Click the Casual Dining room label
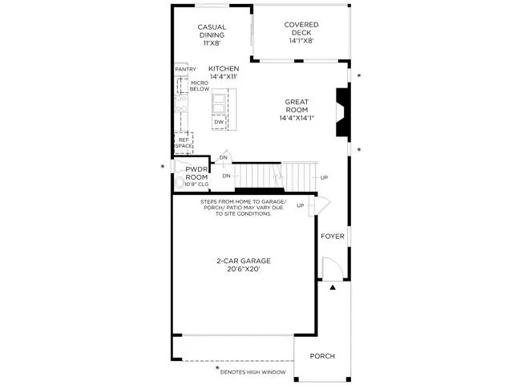pos(212,30)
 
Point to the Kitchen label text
pos(224,70)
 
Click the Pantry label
pos(185,70)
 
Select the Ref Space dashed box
pos(184,143)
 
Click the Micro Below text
pos(199,86)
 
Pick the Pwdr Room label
pos(196,173)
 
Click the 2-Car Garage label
pos(243,261)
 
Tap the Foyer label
pos(333,237)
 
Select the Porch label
pos(322,356)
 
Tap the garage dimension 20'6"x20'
pos(243,270)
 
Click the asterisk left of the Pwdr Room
pos(163,167)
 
